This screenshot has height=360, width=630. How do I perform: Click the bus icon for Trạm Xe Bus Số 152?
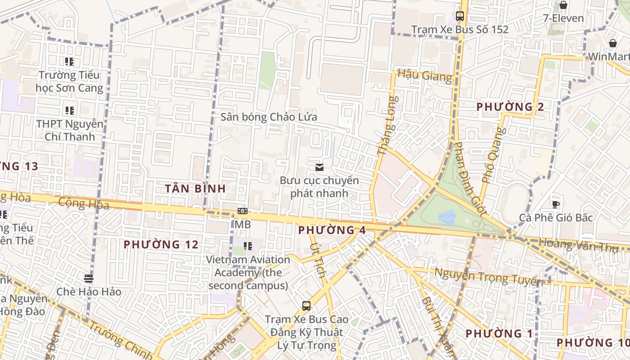[459, 16]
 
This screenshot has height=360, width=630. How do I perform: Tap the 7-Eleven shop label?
[563, 18]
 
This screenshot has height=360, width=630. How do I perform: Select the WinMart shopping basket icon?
[612, 43]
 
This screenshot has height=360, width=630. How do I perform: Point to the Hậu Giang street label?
[424, 75]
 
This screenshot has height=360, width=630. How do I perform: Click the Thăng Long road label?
[387, 126]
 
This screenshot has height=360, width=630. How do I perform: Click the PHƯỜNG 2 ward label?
[510, 107]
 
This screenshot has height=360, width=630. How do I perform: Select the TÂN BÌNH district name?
[195, 189]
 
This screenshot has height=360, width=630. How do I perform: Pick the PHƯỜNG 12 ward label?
[161, 244]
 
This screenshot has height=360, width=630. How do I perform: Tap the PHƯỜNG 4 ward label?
[332, 230]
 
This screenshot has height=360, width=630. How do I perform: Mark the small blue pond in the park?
[447, 217]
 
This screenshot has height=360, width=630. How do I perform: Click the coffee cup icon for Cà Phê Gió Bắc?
[556, 204]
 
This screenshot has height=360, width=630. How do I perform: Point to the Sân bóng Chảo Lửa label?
[269, 117]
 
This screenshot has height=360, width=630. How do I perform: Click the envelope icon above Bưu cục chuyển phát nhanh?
[319, 167]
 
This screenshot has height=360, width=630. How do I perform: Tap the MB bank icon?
[242, 211]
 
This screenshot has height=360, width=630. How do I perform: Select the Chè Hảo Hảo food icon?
[89, 279]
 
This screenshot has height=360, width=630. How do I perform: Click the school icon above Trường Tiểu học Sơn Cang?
[69, 62]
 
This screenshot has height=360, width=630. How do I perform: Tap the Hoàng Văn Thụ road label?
[584, 245]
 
